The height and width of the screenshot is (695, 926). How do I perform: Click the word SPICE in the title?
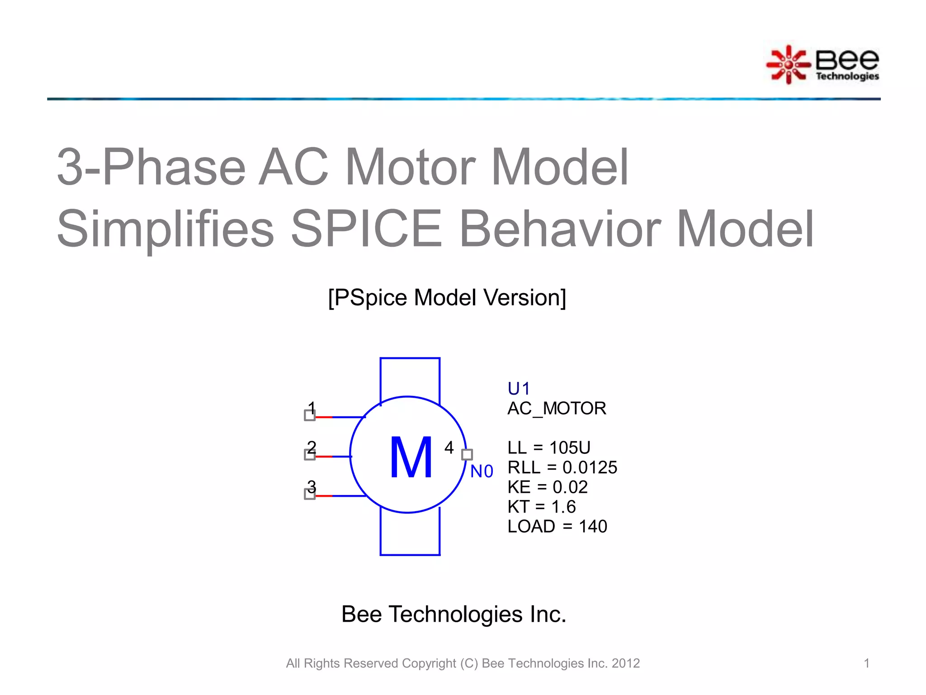366,229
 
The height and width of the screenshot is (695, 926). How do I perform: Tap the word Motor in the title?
411,167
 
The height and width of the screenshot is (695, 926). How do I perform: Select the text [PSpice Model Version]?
447,298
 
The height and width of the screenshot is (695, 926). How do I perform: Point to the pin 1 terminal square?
310,415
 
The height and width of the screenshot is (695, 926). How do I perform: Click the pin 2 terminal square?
310,455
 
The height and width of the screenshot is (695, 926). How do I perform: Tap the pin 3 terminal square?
310,494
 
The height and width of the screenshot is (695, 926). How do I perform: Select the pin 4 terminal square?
467,454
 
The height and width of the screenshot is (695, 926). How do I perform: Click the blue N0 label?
482,471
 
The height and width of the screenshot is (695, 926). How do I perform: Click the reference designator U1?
518,389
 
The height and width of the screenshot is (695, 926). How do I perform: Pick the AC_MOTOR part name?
557,409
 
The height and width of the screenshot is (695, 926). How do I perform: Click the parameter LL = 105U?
549,448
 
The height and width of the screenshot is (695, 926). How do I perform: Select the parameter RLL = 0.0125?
562,467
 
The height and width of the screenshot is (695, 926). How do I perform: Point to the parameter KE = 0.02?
548,487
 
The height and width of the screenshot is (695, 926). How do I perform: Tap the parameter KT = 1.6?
542,507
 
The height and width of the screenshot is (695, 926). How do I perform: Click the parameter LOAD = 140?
557,527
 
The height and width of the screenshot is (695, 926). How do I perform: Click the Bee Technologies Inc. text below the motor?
454,614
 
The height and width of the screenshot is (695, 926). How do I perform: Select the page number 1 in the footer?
866,663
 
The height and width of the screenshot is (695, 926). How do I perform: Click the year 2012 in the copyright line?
626,663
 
